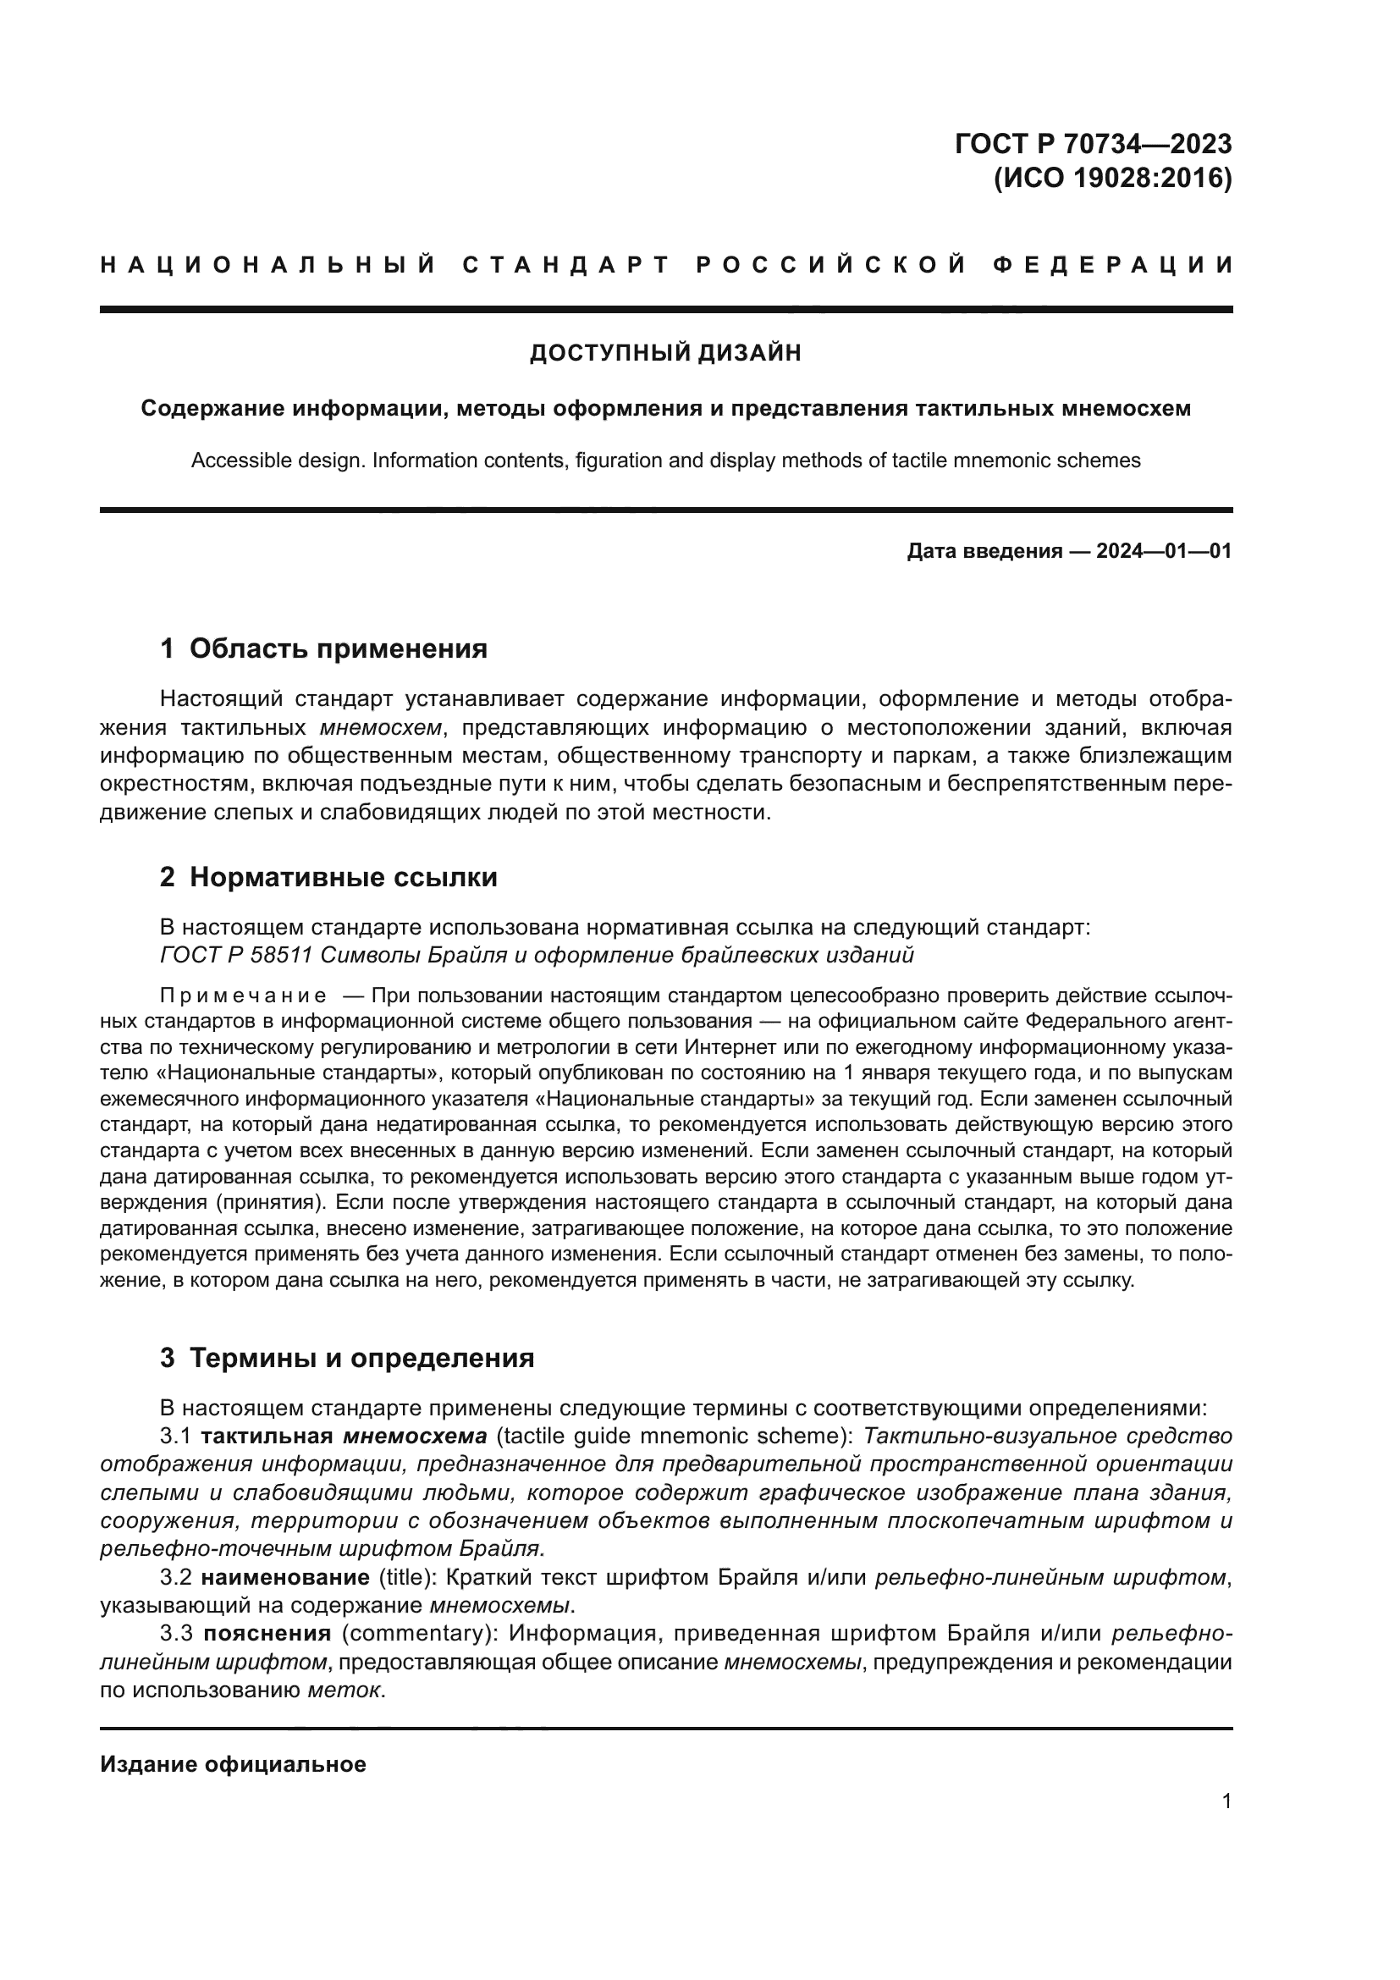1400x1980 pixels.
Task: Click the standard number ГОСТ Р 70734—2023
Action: coord(1092,143)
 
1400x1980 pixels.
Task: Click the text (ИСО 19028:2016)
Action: coord(1112,179)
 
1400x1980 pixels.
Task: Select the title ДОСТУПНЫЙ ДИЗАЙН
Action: coord(664,353)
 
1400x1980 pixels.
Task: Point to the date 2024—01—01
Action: coord(1163,551)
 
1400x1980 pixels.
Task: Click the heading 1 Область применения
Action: coord(323,648)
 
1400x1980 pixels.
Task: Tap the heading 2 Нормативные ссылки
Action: coord(328,877)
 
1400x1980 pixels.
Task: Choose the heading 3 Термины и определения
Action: coord(346,1357)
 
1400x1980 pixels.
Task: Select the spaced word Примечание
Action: coord(243,996)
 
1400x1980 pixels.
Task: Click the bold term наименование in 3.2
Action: coord(285,1578)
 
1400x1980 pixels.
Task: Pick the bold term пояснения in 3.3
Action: coord(267,1633)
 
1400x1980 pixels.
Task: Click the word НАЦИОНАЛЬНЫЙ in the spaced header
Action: coord(268,265)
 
